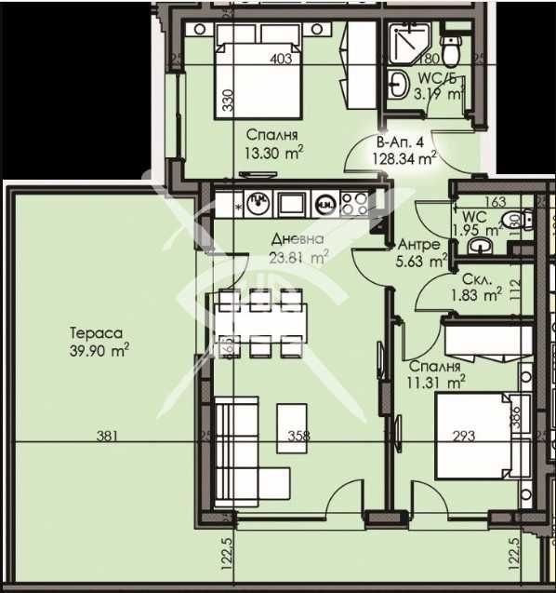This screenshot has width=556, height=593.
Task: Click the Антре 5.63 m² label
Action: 423,252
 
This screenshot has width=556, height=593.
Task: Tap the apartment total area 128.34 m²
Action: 407,151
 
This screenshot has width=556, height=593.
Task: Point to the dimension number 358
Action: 298,435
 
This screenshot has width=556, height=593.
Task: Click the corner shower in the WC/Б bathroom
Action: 405,42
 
